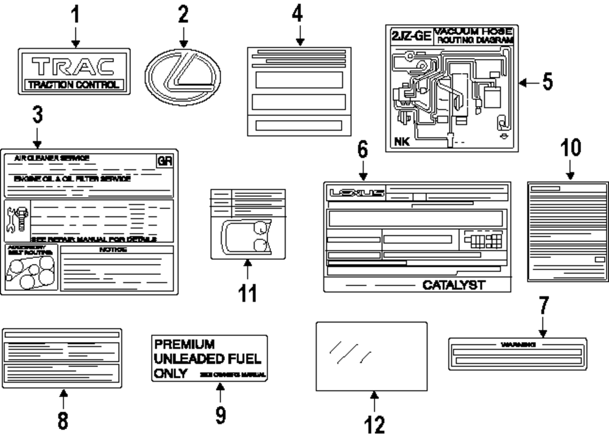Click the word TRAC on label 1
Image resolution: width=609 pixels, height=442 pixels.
click(x=74, y=65)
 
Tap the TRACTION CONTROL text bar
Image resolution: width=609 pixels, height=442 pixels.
click(x=74, y=85)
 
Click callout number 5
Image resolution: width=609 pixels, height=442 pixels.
click(x=547, y=82)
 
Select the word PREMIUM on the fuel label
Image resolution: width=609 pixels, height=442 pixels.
click(x=184, y=344)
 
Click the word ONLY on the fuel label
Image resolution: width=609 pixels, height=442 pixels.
click(x=171, y=374)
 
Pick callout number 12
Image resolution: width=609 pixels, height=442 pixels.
click(x=375, y=424)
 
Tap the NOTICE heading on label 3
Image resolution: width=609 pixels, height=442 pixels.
click(x=116, y=250)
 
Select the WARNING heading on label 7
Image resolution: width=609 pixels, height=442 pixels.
click(x=517, y=344)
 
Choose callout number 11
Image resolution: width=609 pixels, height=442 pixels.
click(x=247, y=293)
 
